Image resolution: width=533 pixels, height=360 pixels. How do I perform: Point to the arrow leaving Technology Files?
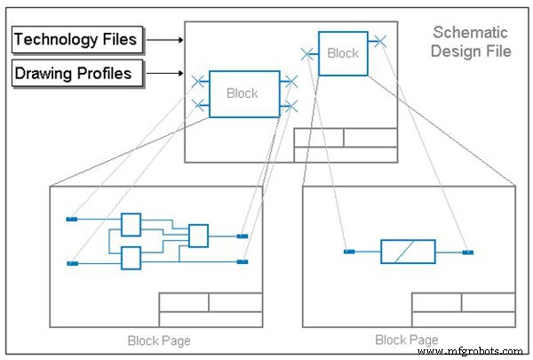(164, 39)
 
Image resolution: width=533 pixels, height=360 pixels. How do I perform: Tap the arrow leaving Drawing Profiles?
(164, 73)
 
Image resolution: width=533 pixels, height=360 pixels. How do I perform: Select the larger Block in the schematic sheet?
(243, 93)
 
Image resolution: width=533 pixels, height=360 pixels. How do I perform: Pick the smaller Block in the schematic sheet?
(342, 53)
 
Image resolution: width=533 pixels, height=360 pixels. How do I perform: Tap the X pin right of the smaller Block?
(379, 40)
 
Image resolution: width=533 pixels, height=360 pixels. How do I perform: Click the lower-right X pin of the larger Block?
(290, 106)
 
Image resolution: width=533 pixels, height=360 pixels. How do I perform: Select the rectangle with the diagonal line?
(408, 252)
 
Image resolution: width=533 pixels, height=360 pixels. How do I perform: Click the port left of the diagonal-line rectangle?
(349, 252)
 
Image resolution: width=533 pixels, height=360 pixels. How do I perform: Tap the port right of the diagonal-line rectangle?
(468, 252)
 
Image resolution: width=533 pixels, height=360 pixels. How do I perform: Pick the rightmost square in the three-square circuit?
(198, 236)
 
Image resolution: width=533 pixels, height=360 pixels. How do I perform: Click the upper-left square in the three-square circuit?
(131, 224)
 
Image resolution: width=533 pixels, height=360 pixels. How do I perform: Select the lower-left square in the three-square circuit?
(131, 258)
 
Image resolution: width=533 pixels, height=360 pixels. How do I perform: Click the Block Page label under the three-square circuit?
(159, 340)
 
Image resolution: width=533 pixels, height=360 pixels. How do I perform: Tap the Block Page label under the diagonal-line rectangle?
(406, 340)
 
